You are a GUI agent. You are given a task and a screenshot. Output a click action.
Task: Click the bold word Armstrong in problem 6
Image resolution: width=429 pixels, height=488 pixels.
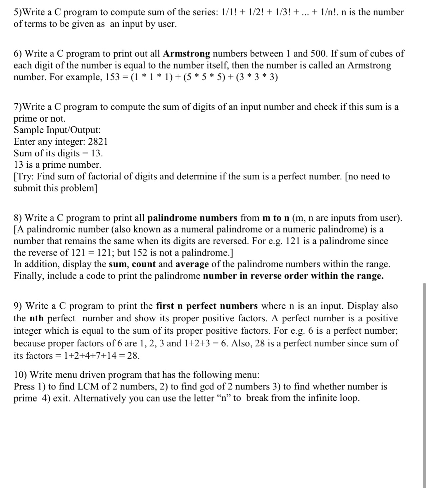187,53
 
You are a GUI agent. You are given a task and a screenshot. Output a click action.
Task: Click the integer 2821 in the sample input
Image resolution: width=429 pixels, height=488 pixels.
98,142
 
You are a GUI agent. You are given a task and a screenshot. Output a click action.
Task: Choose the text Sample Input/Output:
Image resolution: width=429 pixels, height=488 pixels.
57,130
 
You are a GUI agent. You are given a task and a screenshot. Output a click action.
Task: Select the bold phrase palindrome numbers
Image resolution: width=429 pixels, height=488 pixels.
192,218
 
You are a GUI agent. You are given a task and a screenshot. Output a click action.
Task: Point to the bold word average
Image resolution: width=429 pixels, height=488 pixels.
192,264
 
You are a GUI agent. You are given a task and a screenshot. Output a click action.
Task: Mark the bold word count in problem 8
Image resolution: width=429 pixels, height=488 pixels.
144,264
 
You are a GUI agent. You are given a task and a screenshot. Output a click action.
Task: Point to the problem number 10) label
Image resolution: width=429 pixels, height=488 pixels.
20,375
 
